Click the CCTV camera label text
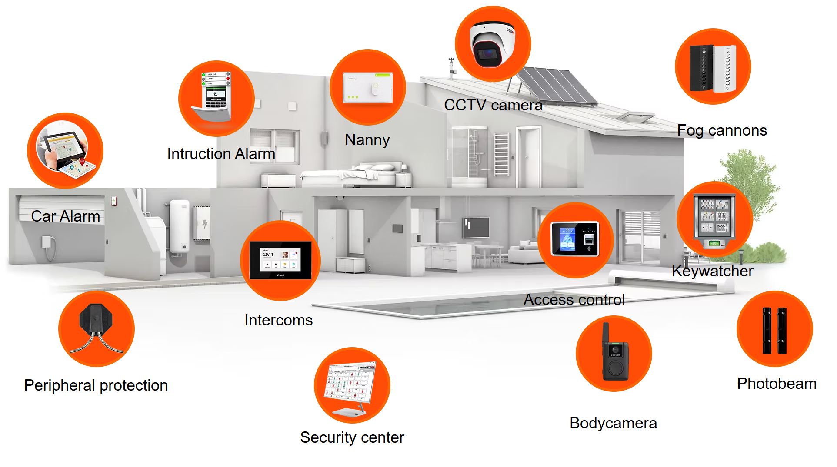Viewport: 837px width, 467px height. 493,105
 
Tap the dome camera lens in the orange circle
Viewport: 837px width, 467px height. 487,54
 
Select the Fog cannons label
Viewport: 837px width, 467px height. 722,130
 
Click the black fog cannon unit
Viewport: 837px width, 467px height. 701,68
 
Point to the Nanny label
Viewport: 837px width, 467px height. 367,140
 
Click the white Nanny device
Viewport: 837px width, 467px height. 367,87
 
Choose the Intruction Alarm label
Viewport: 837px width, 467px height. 221,154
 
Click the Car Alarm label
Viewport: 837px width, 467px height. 65,216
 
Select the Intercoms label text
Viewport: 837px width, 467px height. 278,320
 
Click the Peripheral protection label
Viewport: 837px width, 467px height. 96,385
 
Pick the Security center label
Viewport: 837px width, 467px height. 352,437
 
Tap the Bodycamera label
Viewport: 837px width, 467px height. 613,423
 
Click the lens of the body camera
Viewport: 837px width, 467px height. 615,349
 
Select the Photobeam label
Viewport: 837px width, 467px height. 777,384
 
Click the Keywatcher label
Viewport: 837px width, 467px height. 712,271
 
